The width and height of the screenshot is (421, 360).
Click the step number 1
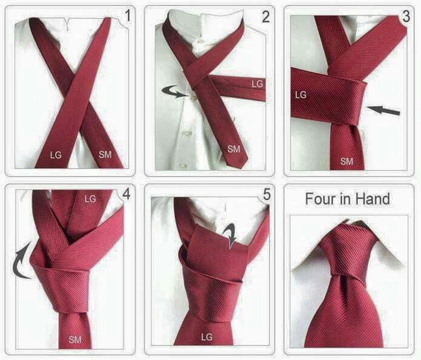pyautogui.click(x=128, y=16)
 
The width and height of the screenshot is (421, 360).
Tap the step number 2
pyautogui.click(x=266, y=16)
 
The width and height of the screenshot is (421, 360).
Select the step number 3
pyautogui.click(x=406, y=16)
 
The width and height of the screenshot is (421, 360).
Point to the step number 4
pyautogui.click(x=127, y=194)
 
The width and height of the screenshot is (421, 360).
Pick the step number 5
pyautogui.click(x=267, y=194)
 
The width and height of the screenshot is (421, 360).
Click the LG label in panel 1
pyautogui.click(x=56, y=155)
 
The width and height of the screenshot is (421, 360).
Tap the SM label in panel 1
pyautogui.click(x=105, y=154)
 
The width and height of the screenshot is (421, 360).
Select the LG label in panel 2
pyautogui.click(x=257, y=84)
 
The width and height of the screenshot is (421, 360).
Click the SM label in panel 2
pyautogui.click(x=234, y=149)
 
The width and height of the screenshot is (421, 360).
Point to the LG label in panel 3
pyautogui.click(x=300, y=95)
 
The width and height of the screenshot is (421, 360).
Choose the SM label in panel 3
pyautogui.click(x=346, y=161)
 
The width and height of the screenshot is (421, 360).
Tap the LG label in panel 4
pyautogui.click(x=90, y=198)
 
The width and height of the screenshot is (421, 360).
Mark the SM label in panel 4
pyautogui.click(x=75, y=339)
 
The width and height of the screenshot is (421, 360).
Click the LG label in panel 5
pyautogui.click(x=207, y=336)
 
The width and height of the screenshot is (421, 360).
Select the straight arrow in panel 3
pyautogui.click(x=383, y=110)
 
